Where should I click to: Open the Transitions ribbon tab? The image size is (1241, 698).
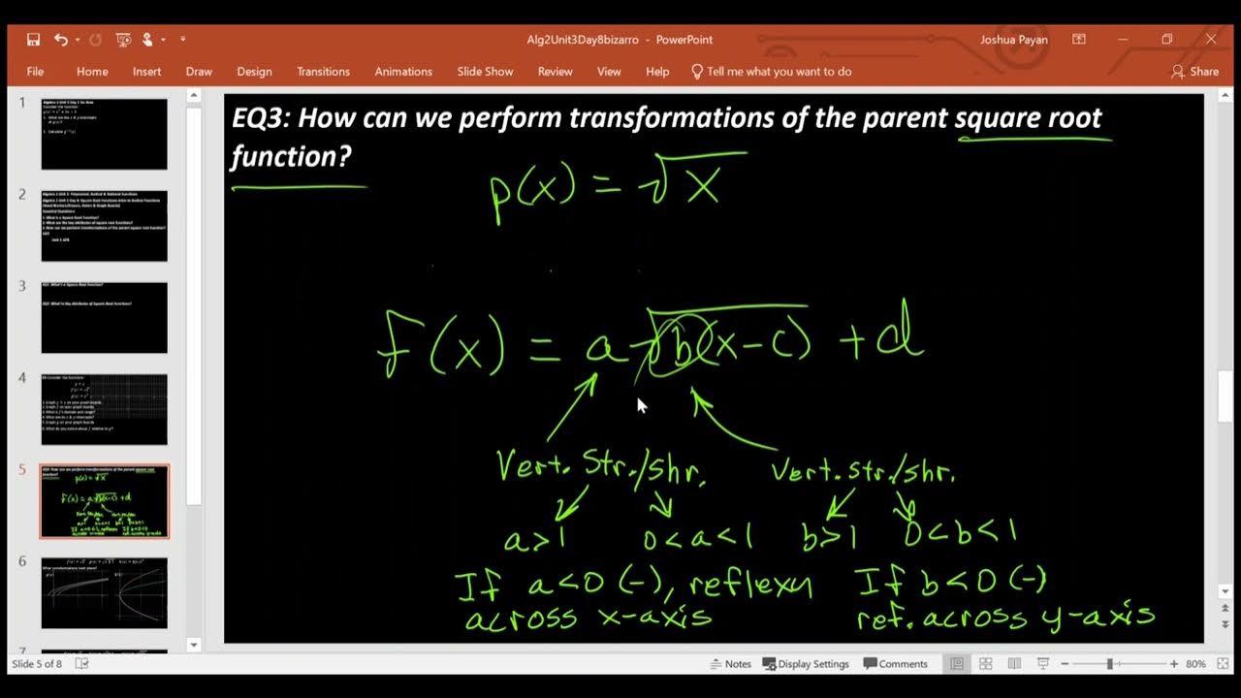[x=323, y=72]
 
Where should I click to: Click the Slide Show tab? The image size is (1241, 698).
[x=485, y=72]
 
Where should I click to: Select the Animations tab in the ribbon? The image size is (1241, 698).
[x=403, y=72]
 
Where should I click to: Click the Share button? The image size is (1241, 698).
[x=1194, y=72]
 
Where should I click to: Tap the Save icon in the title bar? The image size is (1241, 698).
[x=34, y=40]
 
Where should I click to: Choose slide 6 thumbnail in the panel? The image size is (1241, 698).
[x=104, y=592]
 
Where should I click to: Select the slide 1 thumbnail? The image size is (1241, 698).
[x=104, y=134]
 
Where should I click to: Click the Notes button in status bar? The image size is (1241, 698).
[x=730, y=664]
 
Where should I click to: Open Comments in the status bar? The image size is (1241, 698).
[x=896, y=664]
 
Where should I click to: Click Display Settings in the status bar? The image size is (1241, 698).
[x=806, y=664]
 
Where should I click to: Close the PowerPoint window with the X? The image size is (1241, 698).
[x=1211, y=40]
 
